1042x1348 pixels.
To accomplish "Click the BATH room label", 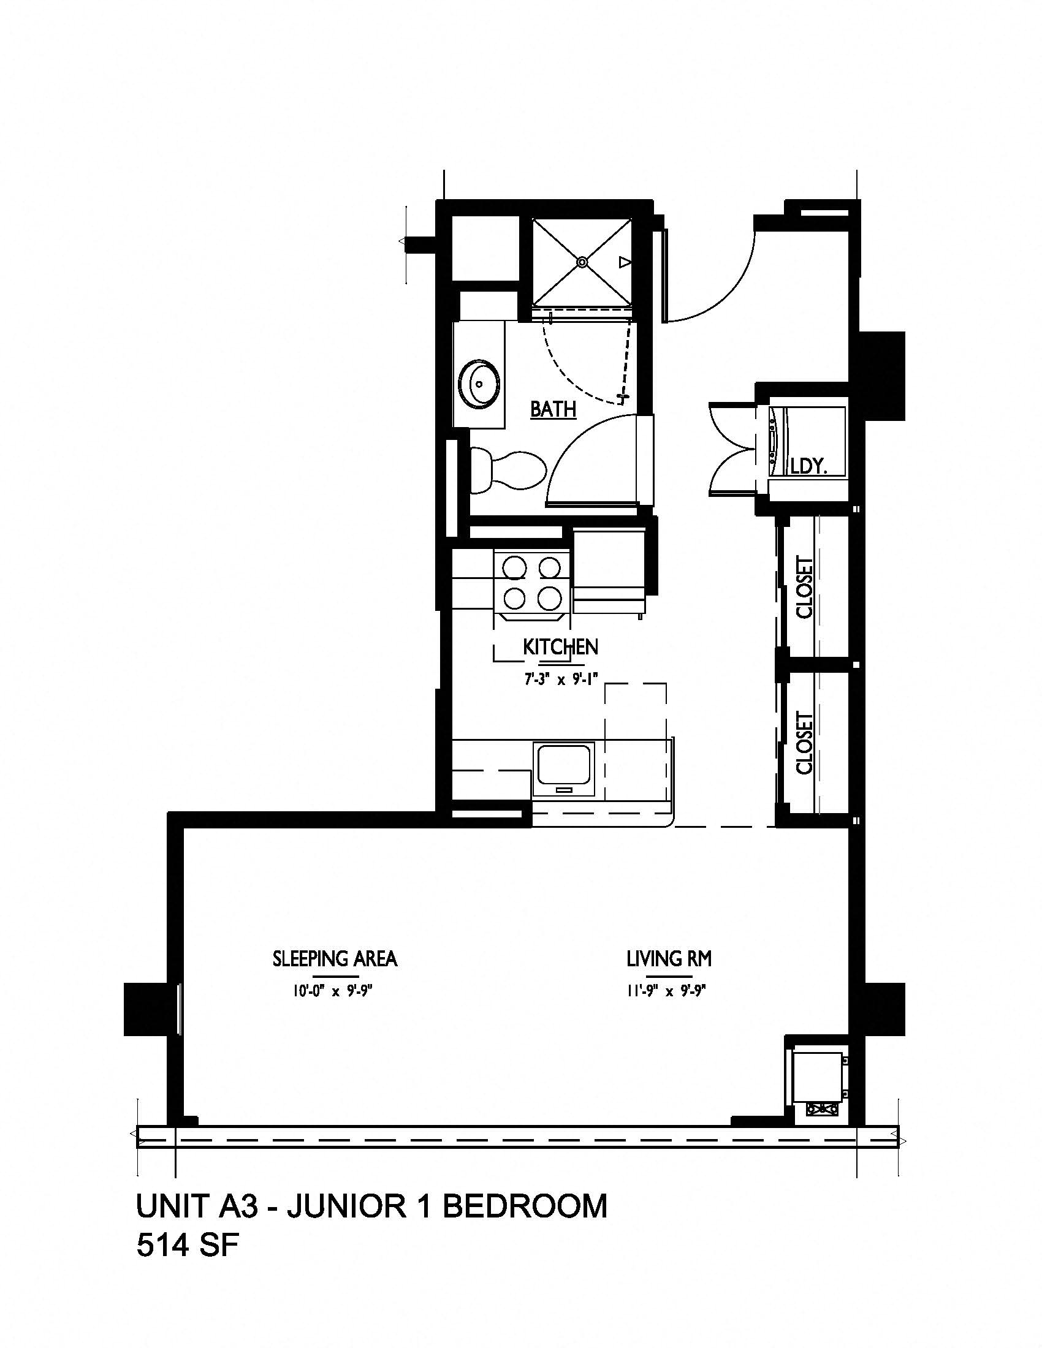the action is [553, 409].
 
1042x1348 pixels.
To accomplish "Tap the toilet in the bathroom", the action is [508, 471].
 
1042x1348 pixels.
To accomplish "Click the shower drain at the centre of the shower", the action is [582, 262].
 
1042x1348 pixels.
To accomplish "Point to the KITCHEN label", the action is [560, 647].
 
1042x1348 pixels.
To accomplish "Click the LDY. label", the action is [809, 466].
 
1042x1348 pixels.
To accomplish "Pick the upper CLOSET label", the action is [805, 587].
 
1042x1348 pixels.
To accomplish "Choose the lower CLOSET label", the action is [805, 743].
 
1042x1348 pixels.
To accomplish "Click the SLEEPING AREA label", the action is [335, 958].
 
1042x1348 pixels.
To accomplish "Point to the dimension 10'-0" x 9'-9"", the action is [334, 992].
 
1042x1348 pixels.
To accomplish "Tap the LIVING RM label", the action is [669, 958].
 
